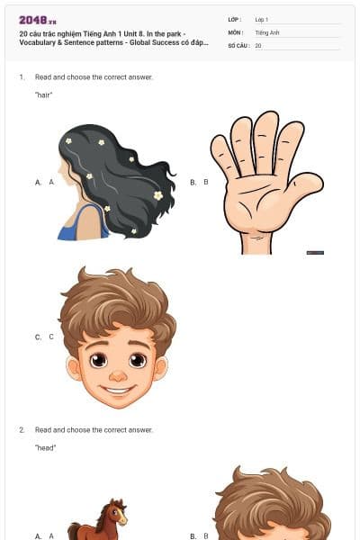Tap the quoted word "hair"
tap(44, 94)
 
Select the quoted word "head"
tap(45, 447)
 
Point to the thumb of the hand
tap(303, 184)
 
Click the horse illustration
tap(101, 520)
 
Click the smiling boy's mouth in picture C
tap(117, 389)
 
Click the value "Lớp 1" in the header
tap(261, 19)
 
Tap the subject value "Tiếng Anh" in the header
tap(267, 31)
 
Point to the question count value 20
tap(258, 44)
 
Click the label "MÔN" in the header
tap(235, 31)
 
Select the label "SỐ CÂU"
tap(238, 44)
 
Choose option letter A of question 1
tap(39, 182)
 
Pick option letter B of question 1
tap(193, 182)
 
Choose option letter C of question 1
tap(39, 337)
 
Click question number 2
tap(22, 430)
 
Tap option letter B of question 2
tap(193, 535)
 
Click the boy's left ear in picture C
tap(73, 367)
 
